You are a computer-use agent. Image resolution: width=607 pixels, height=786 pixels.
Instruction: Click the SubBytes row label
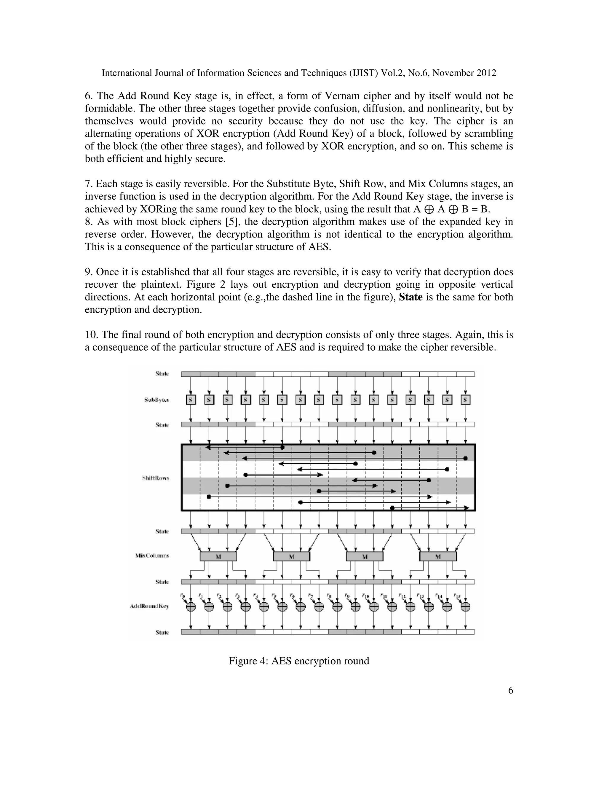point(156,400)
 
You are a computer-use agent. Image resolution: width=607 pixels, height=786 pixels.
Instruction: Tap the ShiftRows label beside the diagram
point(155,478)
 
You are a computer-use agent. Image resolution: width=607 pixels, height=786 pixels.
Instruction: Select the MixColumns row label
point(152,555)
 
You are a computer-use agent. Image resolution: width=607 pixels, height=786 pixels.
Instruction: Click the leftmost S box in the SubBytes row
point(191,400)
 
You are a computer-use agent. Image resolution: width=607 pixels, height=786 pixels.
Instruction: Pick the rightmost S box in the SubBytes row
point(466,400)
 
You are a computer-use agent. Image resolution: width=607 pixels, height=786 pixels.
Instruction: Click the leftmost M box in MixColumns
point(218,556)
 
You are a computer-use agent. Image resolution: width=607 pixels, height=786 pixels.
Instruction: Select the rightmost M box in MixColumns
point(438,556)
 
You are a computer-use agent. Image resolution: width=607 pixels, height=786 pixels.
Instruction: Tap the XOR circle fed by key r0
point(191,607)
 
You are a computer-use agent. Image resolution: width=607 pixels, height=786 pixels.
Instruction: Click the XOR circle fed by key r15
point(466,607)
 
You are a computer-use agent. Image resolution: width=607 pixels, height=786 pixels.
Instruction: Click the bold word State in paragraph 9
point(411,297)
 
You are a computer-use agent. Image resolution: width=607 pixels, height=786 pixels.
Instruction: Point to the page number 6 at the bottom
point(510,690)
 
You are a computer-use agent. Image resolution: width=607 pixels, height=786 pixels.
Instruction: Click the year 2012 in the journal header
point(486,73)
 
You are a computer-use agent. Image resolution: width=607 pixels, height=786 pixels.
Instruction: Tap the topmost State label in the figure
point(162,373)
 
